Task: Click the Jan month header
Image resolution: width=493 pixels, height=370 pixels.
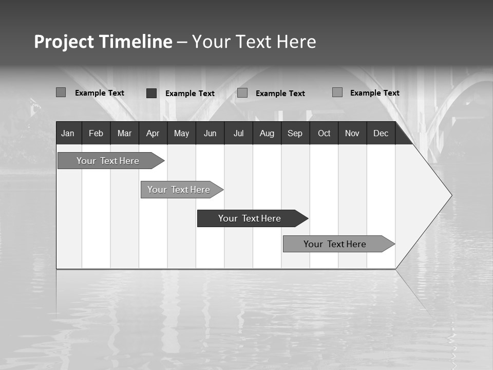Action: point(68,133)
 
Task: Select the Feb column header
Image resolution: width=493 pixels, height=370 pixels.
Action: point(96,133)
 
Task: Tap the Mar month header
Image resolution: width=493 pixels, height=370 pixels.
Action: point(124,133)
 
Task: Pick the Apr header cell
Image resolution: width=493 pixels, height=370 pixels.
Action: point(153,133)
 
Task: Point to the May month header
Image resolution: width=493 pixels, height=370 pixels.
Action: point(181,133)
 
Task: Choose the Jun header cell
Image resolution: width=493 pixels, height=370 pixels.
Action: point(210,133)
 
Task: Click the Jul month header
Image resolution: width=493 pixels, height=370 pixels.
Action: point(238,133)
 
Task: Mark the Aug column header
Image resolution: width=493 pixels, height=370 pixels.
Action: point(267,133)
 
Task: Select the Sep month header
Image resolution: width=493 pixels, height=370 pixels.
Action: point(295,133)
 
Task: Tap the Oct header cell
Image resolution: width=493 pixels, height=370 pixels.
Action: point(324,133)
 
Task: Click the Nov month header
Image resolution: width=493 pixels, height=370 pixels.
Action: point(352,133)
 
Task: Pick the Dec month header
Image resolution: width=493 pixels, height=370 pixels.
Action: point(381,133)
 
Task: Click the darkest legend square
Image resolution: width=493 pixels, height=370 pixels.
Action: point(151,93)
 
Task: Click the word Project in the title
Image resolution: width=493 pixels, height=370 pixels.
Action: point(64,42)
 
